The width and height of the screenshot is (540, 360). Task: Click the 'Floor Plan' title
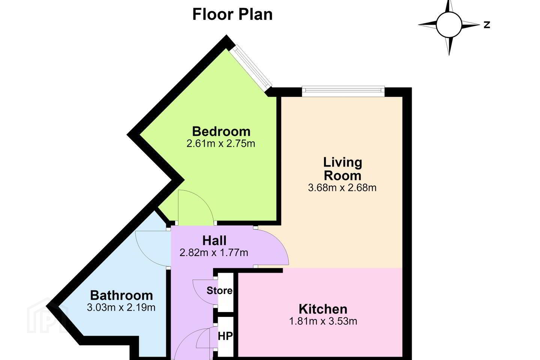tap(232, 15)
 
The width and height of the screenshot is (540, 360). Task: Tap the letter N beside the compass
tap(487, 25)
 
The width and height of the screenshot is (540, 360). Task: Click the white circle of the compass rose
tap(449, 25)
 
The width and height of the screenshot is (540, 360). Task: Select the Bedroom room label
tap(221, 131)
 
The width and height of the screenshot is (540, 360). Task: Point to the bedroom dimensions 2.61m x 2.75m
tap(220, 144)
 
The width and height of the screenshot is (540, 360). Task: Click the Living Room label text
tap(343, 169)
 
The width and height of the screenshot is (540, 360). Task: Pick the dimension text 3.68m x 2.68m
tap(342, 187)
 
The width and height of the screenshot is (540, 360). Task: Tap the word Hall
tap(214, 240)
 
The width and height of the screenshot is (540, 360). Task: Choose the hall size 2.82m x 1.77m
tap(214, 253)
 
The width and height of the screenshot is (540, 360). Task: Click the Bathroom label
tap(121, 295)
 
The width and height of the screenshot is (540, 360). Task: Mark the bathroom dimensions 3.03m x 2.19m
tap(121, 307)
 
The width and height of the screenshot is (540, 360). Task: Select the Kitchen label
tap(323, 309)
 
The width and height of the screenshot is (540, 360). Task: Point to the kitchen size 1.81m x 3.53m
tap(323, 321)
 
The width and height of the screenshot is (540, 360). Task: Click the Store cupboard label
tap(219, 291)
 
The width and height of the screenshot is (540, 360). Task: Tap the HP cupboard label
tap(225, 336)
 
